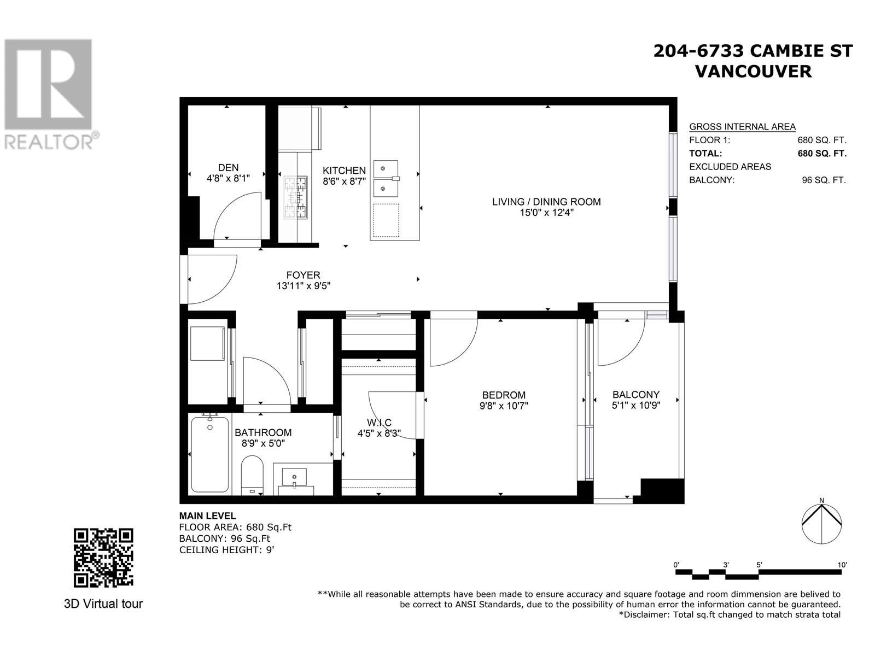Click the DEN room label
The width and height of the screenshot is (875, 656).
[x=228, y=168]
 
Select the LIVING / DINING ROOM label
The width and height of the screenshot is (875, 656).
[x=546, y=202]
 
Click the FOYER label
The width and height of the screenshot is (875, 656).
[x=303, y=275]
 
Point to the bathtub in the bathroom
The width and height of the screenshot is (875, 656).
[x=210, y=455]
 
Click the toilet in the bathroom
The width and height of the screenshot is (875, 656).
[x=252, y=473]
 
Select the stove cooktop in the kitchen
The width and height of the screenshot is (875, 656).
[x=296, y=197]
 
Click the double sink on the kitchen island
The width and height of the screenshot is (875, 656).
[x=386, y=179]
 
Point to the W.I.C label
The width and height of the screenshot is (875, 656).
[x=379, y=423]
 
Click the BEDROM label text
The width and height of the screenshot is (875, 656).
[x=504, y=395]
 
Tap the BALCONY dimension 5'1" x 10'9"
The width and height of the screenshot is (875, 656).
[x=636, y=406]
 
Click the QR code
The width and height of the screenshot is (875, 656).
[x=103, y=558]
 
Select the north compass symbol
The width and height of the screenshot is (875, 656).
[x=821, y=523]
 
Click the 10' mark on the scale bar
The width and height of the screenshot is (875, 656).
[x=841, y=565]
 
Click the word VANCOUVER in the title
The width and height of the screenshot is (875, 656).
[x=753, y=72]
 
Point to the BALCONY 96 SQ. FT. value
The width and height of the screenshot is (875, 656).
[x=824, y=180]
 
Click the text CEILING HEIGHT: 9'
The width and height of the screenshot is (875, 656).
[x=226, y=550]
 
